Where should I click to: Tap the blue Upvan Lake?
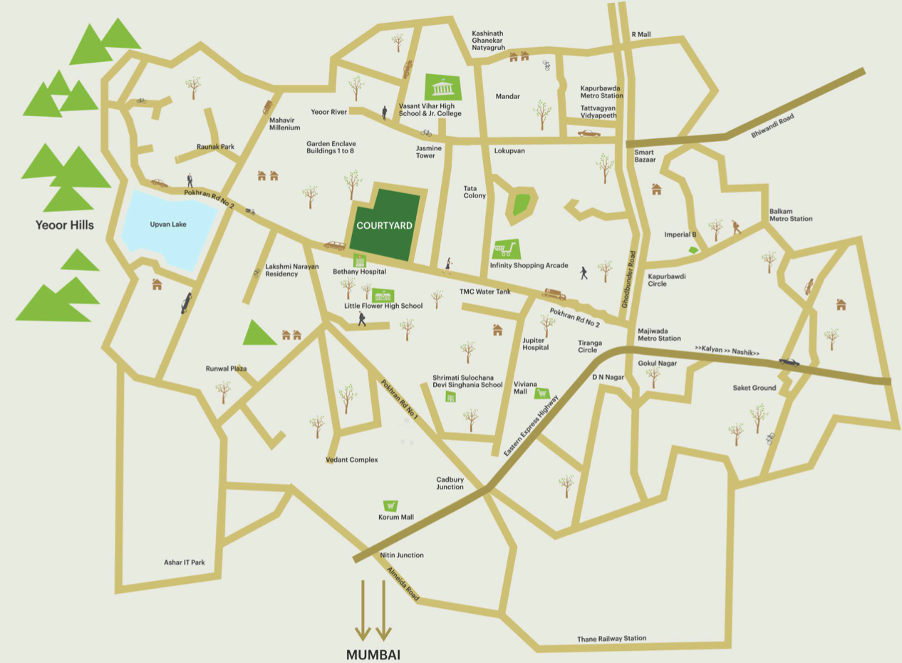pyautogui.click(x=169, y=227)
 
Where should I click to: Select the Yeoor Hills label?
pyautogui.click(x=65, y=225)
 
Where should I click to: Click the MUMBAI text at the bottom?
pyautogui.click(x=373, y=654)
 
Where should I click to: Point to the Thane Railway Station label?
pyautogui.click(x=611, y=639)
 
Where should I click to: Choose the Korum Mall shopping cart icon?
pyautogui.click(x=390, y=505)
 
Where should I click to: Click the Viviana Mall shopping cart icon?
pyautogui.click(x=541, y=393)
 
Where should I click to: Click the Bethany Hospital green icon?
pyautogui.click(x=359, y=260)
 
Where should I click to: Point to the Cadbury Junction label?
pyautogui.click(x=450, y=483)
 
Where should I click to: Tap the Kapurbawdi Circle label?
pyautogui.click(x=667, y=279)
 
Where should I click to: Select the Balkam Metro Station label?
pyautogui.click(x=790, y=215)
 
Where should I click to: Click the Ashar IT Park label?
pyautogui.click(x=184, y=562)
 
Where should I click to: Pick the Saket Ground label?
pyautogui.click(x=754, y=388)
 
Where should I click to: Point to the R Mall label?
pyautogui.click(x=641, y=35)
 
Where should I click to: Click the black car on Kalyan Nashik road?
pyautogui.click(x=789, y=361)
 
